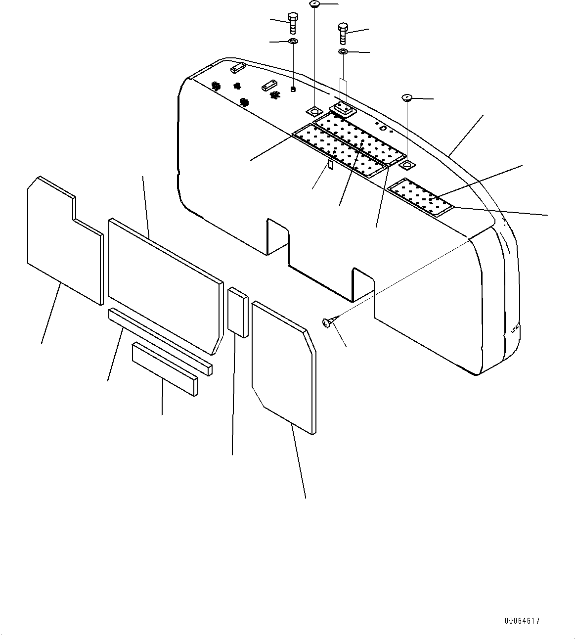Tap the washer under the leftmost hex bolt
click(x=293, y=41)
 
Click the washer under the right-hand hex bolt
click(x=343, y=51)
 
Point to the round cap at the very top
click(x=315, y=4)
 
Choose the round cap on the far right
click(x=408, y=98)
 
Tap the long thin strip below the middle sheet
click(x=160, y=341)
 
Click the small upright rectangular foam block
click(x=238, y=313)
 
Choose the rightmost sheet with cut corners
click(x=283, y=366)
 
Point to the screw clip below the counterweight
click(x=327, y=322)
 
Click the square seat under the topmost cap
click(x=315, y=109)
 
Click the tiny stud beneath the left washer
click(x=293, y=90)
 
